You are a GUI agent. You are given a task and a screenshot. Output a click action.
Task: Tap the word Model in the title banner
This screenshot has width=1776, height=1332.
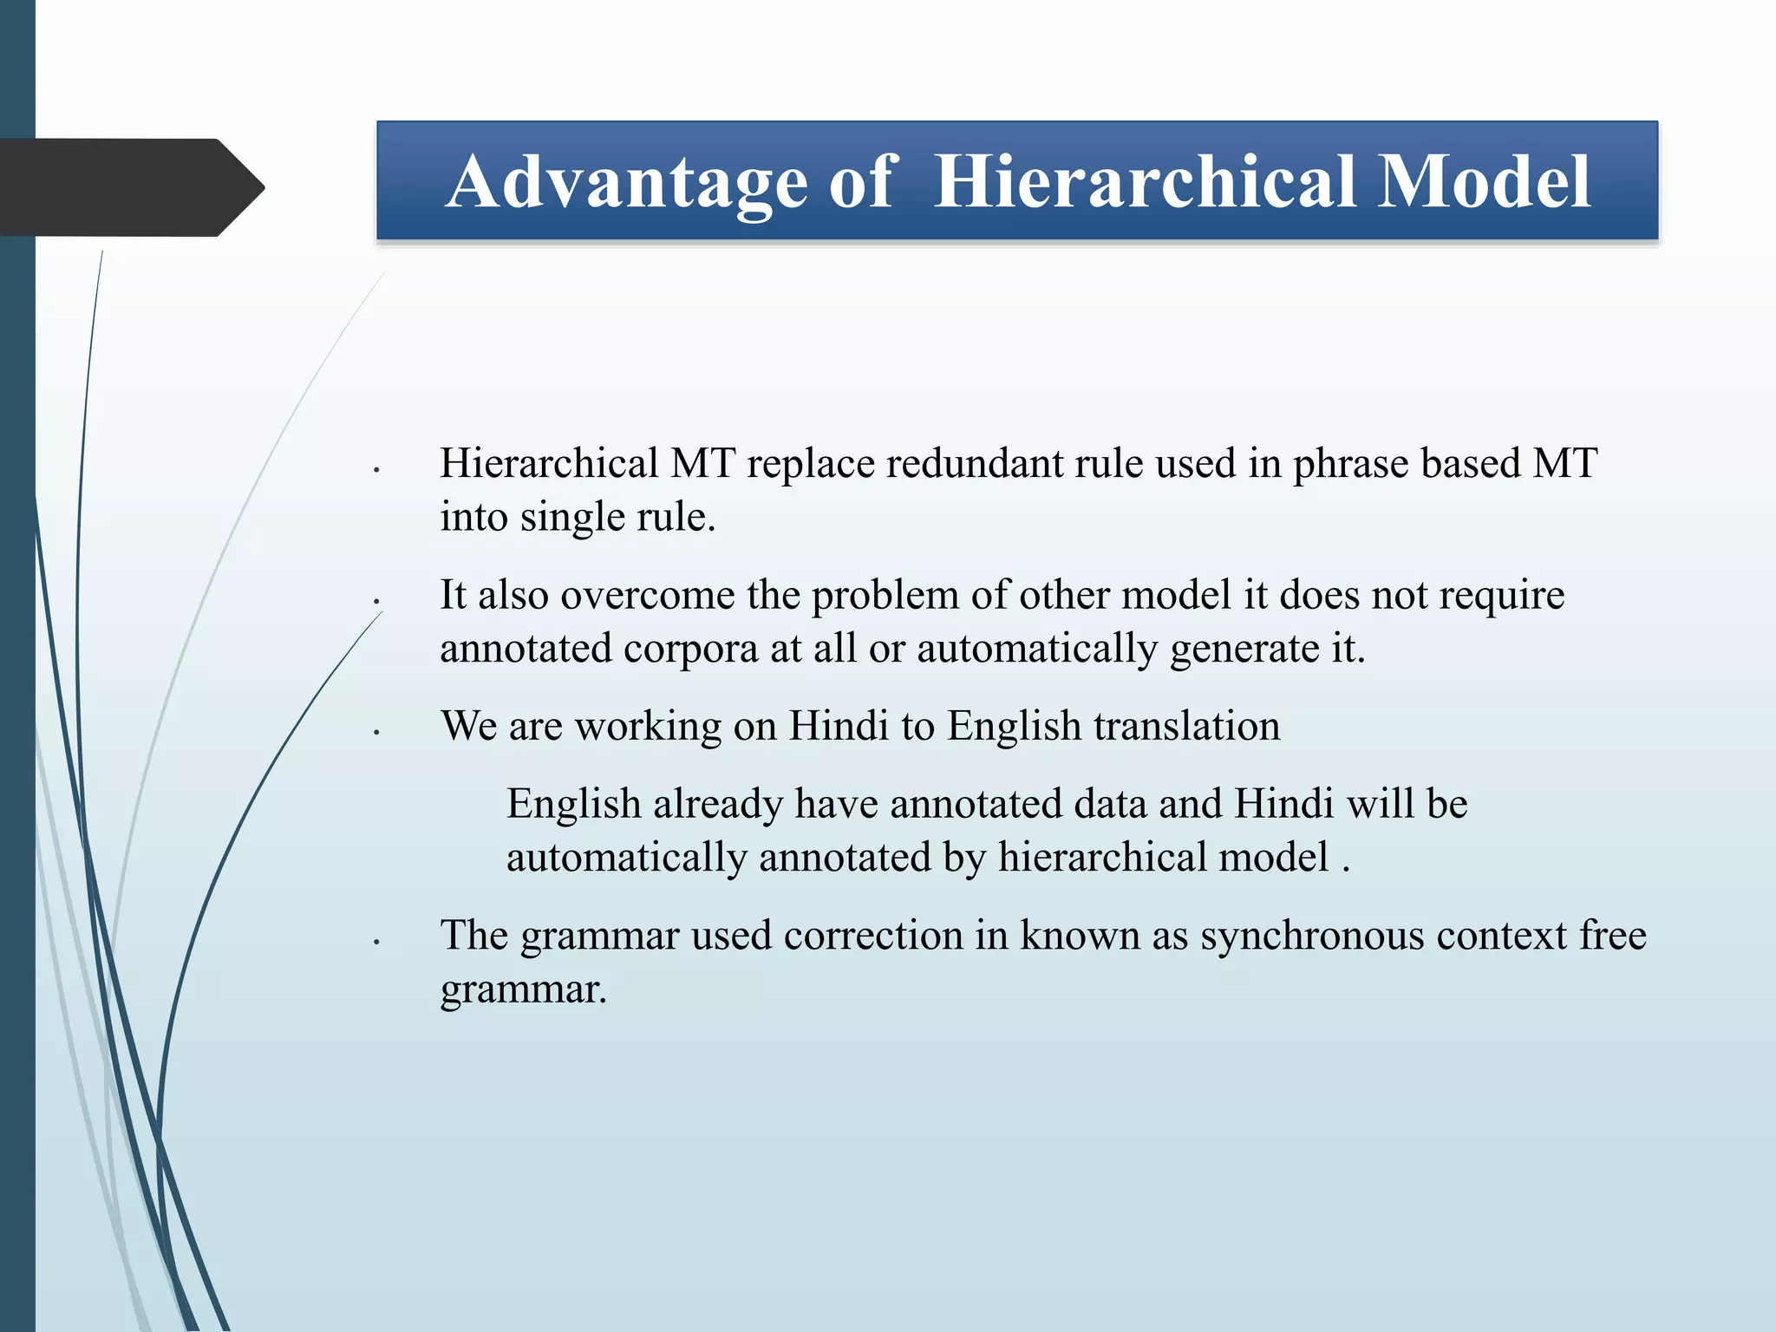(x=1484, y=182)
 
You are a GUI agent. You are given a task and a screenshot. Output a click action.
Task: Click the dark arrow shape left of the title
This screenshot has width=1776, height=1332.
(x=130, y=187)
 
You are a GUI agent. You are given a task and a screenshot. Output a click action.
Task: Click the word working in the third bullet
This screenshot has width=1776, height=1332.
(x=648, y=728)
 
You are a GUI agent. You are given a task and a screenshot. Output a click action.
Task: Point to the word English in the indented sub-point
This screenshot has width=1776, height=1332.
(x=573, y=804)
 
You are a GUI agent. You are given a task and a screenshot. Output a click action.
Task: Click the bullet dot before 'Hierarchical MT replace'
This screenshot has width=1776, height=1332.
(x=376, y=470)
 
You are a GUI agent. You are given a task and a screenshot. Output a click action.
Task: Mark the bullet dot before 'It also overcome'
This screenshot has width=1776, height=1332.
(x=376, y=602)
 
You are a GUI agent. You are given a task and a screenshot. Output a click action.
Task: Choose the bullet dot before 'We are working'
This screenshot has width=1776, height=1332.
(x=376, y=733)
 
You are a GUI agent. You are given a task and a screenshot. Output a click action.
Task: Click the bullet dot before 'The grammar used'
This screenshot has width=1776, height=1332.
(x=376, y=942)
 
